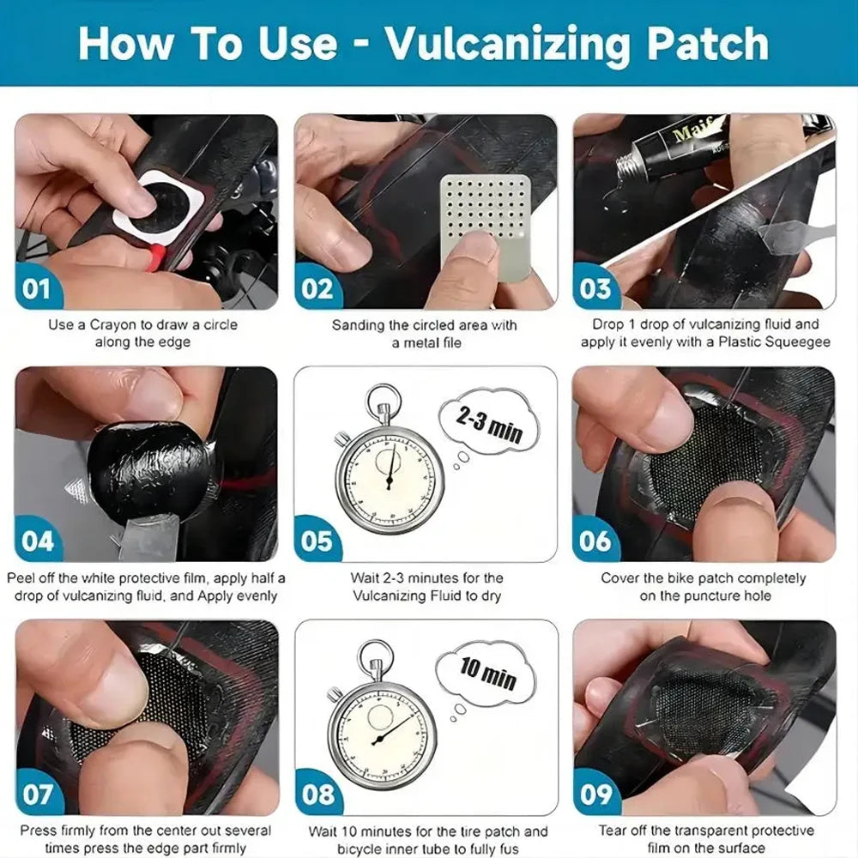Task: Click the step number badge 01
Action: click(37, 288)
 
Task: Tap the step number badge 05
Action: click(317, 541)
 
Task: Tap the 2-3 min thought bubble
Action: click(488, 425)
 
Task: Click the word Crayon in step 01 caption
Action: click(114, 325)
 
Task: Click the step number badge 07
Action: click(37, 794)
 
